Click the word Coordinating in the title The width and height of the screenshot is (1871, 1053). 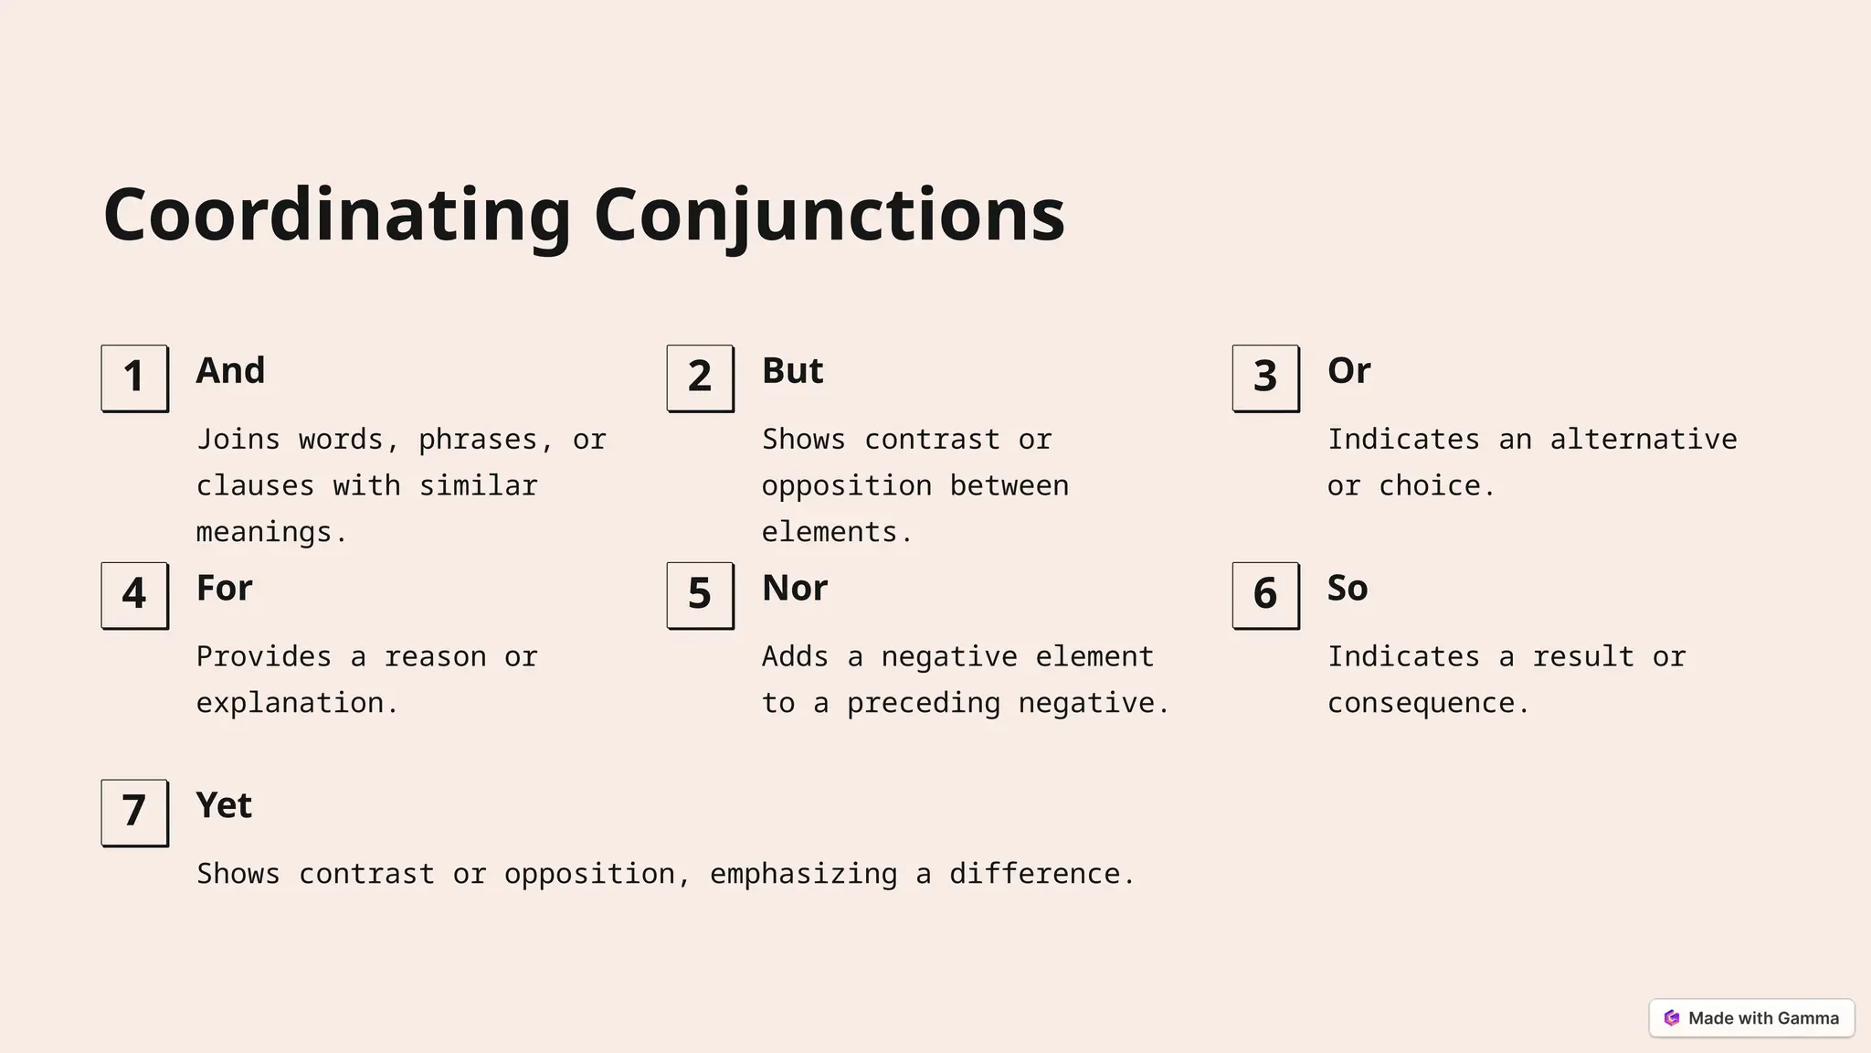(x=337, y=215)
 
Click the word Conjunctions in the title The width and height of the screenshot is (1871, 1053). (x=829, y=215)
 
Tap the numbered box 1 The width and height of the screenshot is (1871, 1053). (x=134, y=378)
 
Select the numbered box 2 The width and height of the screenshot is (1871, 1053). (x=700, y=378)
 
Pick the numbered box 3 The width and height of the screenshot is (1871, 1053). (x=1265, y=378)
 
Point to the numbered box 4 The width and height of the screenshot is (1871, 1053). (x=134, y=595)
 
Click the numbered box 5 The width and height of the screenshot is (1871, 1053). (x=700, y=595)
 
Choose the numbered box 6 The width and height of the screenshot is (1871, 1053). (x=1265, y=595)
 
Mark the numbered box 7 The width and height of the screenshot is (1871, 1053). (x=134, y=812)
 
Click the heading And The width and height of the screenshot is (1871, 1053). (x=230, y=371)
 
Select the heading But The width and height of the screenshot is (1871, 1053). (x=792, y=371)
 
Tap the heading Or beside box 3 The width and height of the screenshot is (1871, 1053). (x=1348, y=371)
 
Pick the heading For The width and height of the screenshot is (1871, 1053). (x=224, y=589)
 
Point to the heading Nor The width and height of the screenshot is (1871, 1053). (x=795, y=589)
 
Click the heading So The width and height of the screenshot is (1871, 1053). (x=1348, y=589)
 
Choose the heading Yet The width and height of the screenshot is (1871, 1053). (x=224, y=805)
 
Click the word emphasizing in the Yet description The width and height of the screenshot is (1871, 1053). (x=803, y=875)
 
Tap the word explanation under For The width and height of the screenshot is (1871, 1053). (x=297, y=703)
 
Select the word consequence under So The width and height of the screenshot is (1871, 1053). (x=1427, y=703)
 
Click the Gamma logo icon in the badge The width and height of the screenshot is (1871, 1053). (x=1672, y=1018)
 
